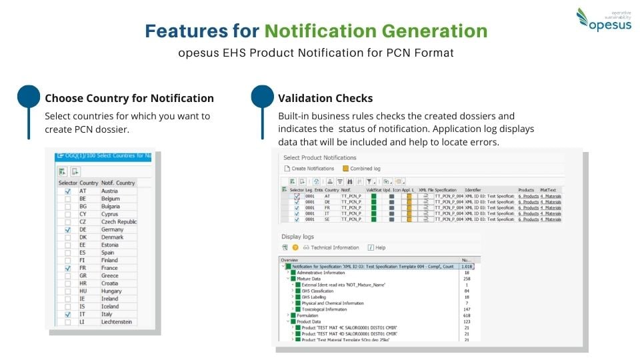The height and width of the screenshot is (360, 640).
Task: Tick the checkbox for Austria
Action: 67,191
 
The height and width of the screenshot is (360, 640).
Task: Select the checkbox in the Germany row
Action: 67,230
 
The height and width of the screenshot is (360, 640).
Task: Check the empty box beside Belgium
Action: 67,199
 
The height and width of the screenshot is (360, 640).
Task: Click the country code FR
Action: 83,268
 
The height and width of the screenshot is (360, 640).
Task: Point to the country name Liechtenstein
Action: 117,322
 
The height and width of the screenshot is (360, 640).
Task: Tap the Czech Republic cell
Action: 119,222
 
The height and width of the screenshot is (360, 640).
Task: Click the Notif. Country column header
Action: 118,183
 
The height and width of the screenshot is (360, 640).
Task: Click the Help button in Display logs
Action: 377,247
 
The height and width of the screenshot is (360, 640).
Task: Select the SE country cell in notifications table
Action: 327,219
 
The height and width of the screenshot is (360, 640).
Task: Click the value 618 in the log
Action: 466,315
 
